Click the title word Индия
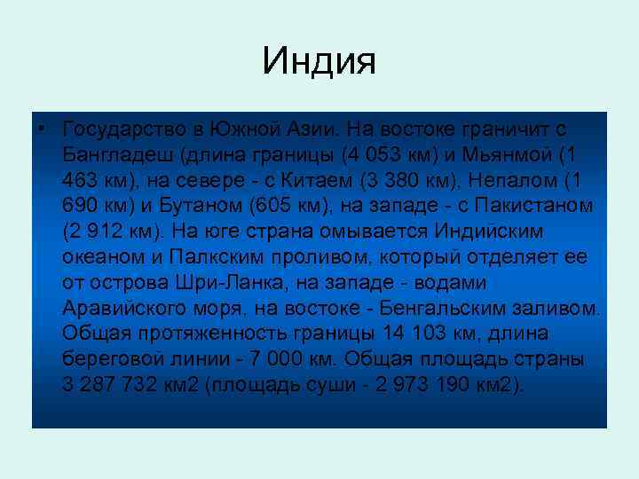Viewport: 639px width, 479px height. [x=319, y=61]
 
